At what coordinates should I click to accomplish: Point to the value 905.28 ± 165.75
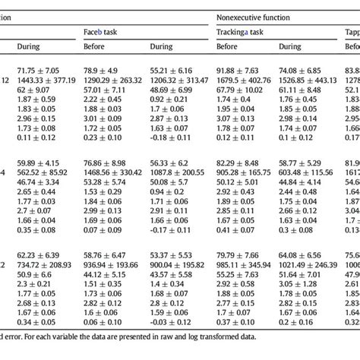click(x=248, y=172)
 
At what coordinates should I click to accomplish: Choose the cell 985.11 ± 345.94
click(x=248, y=266)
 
